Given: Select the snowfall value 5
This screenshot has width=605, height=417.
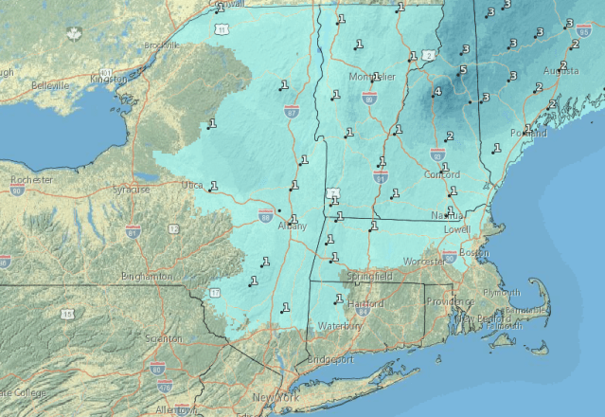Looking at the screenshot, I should click(463, 70).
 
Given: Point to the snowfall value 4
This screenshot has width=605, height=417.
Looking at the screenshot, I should click(436, 92).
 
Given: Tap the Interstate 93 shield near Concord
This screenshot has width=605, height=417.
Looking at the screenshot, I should click(437, 152).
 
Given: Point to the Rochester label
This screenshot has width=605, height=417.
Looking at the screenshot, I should click(31, 179).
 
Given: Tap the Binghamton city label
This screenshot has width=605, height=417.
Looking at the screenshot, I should click(147, 276).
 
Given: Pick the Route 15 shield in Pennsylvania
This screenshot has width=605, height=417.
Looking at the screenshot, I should click(68, 314).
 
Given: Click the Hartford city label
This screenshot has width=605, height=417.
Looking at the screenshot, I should click(365, 304).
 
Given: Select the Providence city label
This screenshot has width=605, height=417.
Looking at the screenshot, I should click(450, 300).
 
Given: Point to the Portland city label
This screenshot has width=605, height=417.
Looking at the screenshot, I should click(527, 134).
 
